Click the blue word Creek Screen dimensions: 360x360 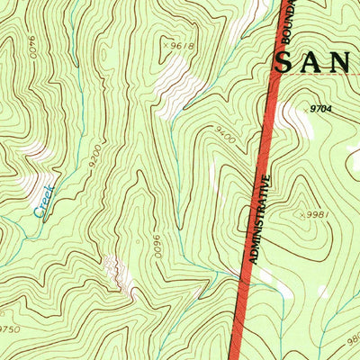click(x=44, y=201)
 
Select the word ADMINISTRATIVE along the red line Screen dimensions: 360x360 click(x=259, y=217)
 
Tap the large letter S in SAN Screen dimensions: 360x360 click(x=286, y=62)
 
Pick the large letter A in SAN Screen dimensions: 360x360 click(x=318, y=62)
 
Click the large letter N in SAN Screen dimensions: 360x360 click(x=349, y=62)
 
